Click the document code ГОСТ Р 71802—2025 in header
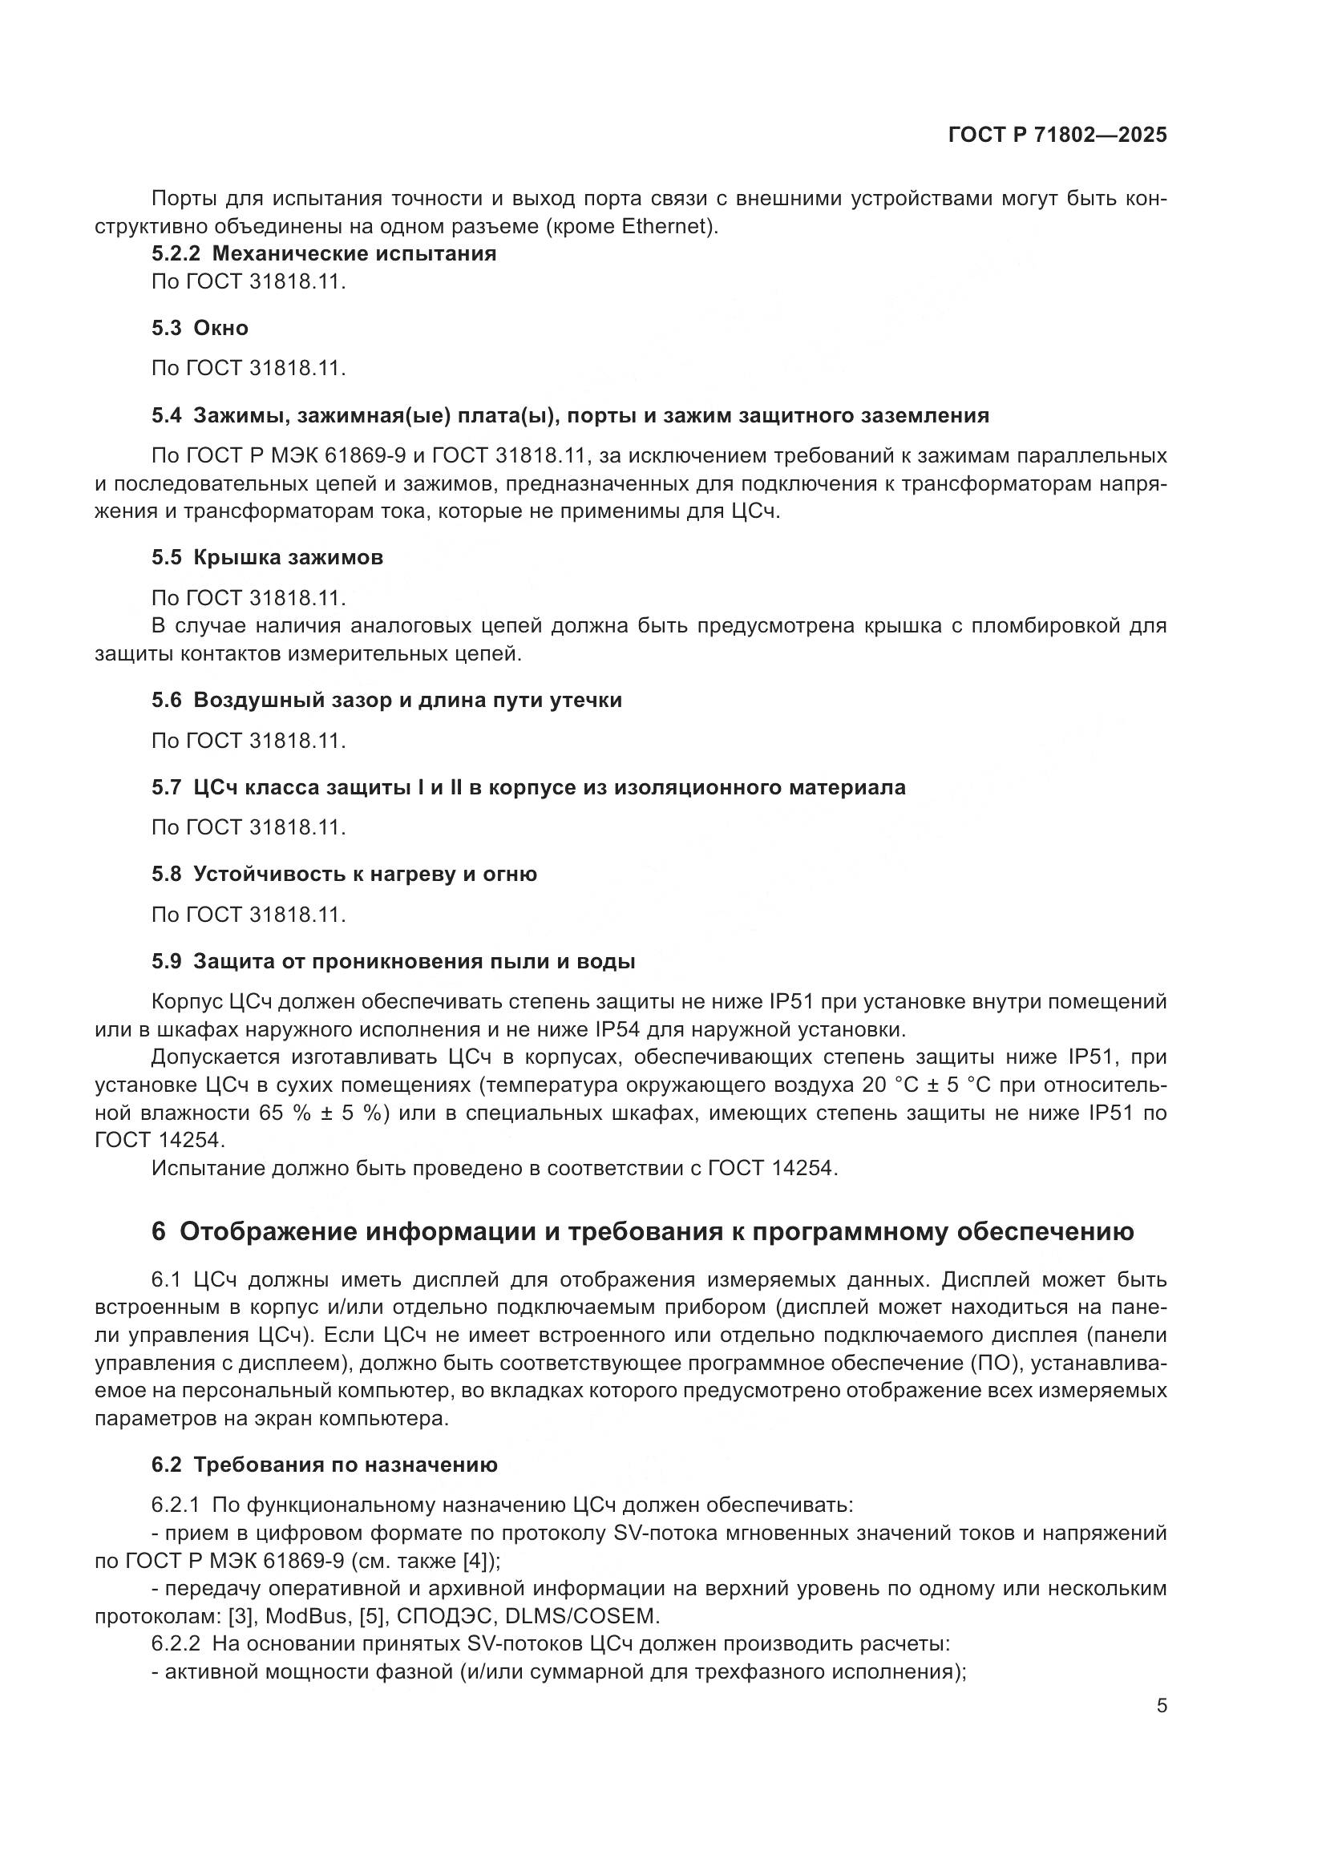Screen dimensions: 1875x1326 [1057, 135]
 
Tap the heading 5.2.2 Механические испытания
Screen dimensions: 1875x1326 [324, 253]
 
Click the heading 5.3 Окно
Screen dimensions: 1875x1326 [200, 328]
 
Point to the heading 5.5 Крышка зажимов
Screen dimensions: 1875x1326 [267, 558]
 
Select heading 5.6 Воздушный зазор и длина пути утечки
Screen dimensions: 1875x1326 [386, 701]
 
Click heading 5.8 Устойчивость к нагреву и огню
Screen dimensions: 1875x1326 [344, 874]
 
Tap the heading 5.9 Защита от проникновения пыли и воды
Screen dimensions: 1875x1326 [393, 961]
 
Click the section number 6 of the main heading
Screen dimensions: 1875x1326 [159, 1231]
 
